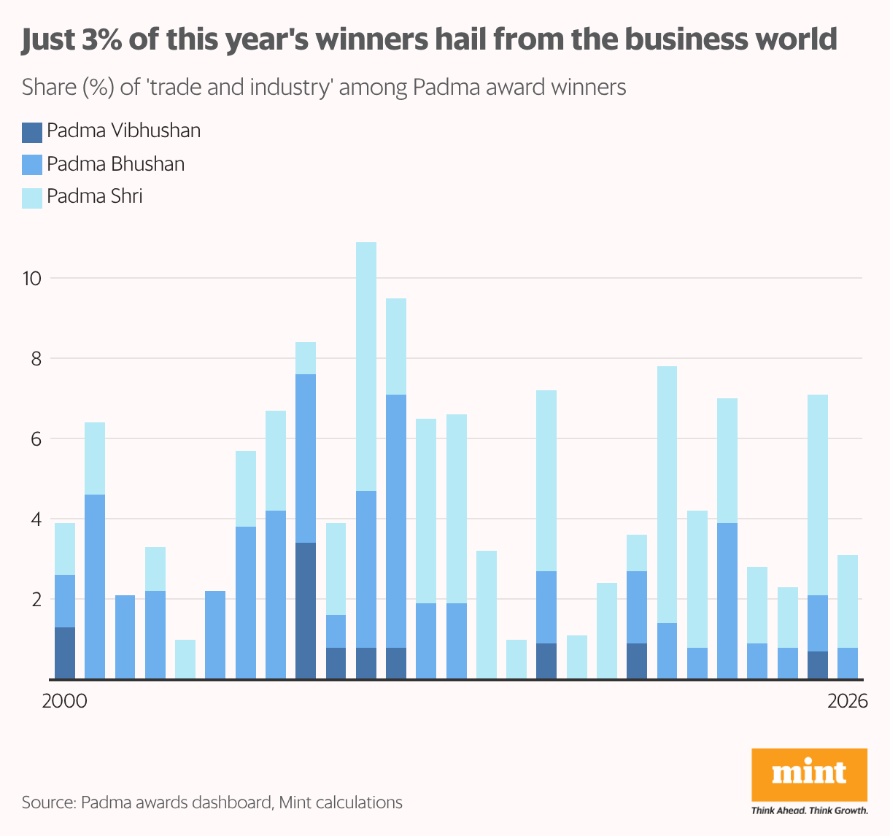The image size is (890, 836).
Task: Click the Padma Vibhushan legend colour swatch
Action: pyautogui.click(x=32, y=132)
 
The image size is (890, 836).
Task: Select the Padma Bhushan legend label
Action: pyautogui.click(x=115, y=164)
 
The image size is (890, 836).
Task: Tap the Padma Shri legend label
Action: pyautogui.click(x=94, y=197)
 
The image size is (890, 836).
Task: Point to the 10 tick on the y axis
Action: pyautogui.click(x=34, y=278)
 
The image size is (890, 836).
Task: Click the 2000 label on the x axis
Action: pyautogui.click(x=64, y=702)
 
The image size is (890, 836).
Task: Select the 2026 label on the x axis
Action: pyautogui.click(x=848, y=702)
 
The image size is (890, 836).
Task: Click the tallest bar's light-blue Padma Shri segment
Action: pyautogui.click(x=366, y=365)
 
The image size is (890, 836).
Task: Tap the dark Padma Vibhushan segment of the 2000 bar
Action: pyautogui.click(x=65, y=653)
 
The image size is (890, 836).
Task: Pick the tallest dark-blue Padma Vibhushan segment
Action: pyautogui.click(x=306, y=611)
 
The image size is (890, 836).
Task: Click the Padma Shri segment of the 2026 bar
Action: pyautogui.click(x=848, y=601)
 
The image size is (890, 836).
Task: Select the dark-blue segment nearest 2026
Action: pyautogui.click(x=818, y=665)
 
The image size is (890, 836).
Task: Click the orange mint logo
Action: pyautogui.click(x=809, y=774)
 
